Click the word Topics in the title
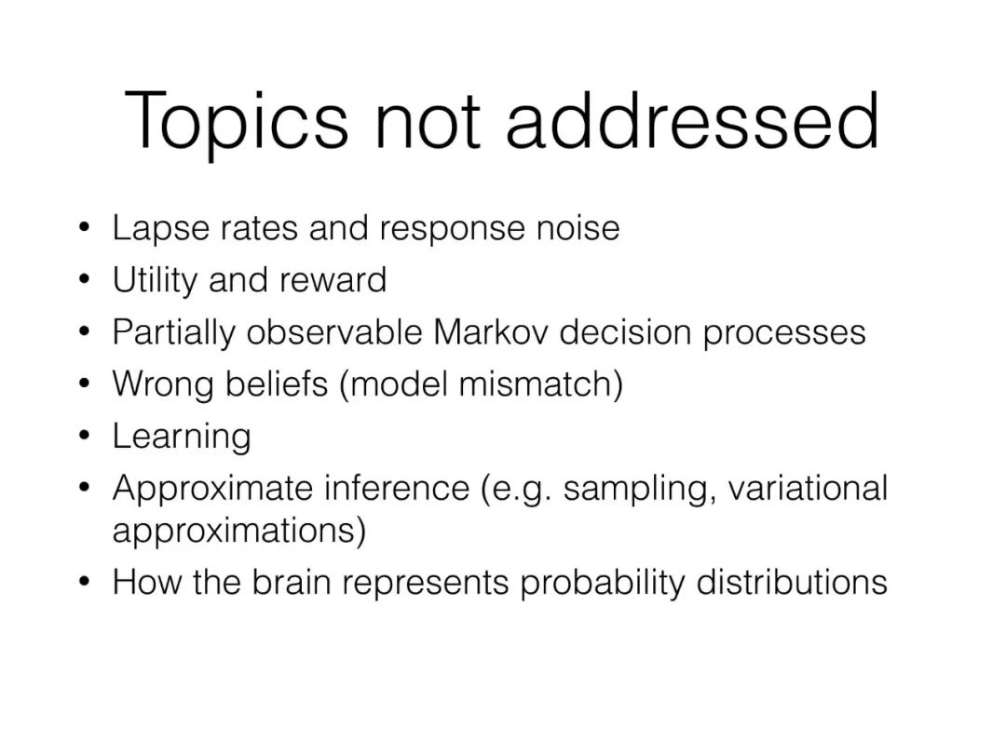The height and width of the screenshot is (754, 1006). (236, 122)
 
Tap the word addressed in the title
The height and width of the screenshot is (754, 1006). (692, 119)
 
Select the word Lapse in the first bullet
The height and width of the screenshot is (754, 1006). (160, 229)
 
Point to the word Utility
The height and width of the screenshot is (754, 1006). (155, 280)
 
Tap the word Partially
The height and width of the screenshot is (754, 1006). (174, 333)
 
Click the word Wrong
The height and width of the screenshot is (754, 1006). (164, 385)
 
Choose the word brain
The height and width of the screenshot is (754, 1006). (292, 583)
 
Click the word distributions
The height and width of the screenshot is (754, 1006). (792, 583)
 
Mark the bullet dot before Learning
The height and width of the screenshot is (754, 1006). (84, 436)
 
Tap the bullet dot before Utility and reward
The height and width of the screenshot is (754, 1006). (84, 279)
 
